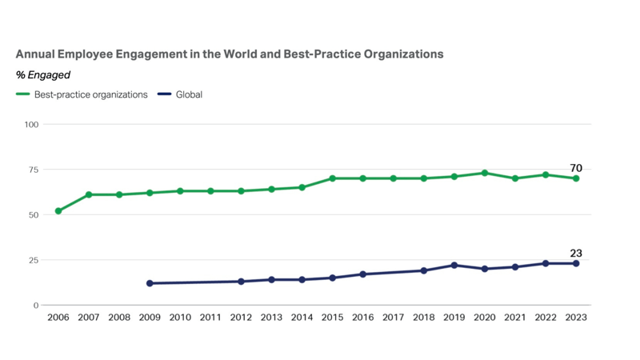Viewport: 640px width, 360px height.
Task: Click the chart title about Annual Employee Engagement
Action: [230, 54]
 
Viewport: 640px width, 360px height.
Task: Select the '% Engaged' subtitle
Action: [43, 75]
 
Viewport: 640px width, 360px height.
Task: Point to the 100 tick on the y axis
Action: [31, 124]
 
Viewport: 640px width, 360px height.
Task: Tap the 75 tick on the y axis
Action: [34, 170]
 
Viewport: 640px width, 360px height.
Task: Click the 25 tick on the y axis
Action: [34, 260]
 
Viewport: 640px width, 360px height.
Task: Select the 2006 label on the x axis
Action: [58, 317]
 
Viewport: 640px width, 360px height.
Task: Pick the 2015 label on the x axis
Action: [332, 317]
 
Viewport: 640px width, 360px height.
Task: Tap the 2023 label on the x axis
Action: [575, 317]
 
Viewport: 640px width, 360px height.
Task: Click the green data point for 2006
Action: [58, 211]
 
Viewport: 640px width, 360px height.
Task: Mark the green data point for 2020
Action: [484, 173]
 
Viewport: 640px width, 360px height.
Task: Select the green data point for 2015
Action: [332, 178]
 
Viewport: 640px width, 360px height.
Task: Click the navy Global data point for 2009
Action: [150, 283]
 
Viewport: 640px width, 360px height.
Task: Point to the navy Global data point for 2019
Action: [454, 266]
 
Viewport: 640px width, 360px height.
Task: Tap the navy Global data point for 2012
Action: [241, 282]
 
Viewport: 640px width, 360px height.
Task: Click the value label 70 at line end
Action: [575, 168]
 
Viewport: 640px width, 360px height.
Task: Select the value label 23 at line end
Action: [575, 254]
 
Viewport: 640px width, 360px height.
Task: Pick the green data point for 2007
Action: [89, 194]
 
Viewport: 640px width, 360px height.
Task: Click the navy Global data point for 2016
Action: [362, 274]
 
